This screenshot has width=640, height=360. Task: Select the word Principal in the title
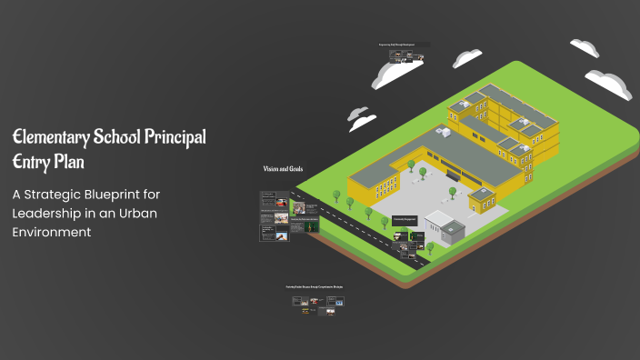pyautogui.click(x=174, y=137)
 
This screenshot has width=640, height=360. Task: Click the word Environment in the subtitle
pyautogui.click(x=52, y=232)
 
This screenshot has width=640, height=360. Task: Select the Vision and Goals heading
pyautogui.click(x=283, y=169)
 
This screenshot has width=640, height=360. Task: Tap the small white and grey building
pyautogui.click(x=444, y=229)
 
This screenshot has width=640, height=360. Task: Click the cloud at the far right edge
pyautogui.click(x=610, y=83)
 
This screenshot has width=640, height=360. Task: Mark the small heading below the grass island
pyautogui.click(x=315, y=287)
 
